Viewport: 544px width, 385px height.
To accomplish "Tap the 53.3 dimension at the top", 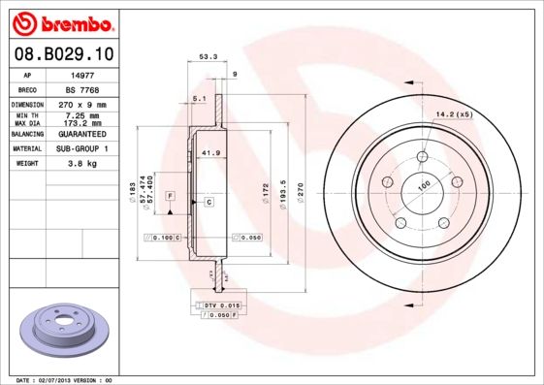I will [206, 56].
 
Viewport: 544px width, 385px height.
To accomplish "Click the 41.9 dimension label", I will [207, 152].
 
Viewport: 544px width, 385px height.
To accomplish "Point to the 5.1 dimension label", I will [199, 99].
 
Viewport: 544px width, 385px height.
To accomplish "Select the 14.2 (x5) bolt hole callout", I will [454, 115].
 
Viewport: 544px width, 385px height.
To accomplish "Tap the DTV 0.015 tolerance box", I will [220, 305].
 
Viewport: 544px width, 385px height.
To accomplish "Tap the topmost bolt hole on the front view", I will [423, 159].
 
